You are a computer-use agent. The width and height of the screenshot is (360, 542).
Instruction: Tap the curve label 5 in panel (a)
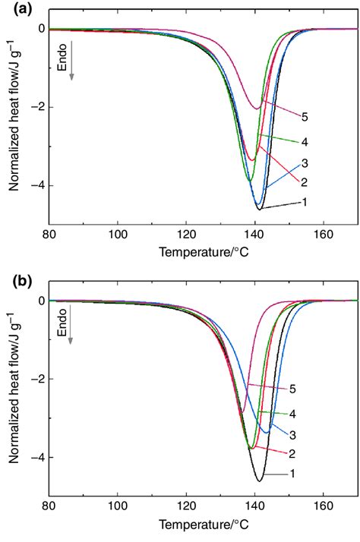(303, 118)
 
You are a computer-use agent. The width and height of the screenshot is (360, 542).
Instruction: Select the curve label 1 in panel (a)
(303, 202)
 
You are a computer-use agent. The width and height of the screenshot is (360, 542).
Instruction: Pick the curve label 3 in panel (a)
(303, 162)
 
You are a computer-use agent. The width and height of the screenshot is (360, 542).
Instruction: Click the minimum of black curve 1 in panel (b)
(259, 481)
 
